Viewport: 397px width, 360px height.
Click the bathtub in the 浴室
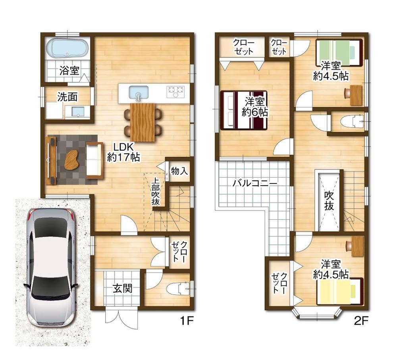67,48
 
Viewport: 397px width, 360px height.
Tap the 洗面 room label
67,97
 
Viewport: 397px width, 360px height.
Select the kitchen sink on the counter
138,93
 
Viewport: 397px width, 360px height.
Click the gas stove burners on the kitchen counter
175,92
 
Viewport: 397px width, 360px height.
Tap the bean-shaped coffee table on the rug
71,160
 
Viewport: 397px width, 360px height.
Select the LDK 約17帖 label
123,152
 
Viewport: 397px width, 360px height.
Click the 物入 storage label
179,171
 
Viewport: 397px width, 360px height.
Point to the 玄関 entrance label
123,288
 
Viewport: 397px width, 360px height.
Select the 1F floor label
187,321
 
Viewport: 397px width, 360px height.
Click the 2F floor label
360,321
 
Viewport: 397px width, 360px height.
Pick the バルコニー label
255,183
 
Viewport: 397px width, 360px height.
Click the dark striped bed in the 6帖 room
244,110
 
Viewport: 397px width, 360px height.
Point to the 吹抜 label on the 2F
329,201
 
